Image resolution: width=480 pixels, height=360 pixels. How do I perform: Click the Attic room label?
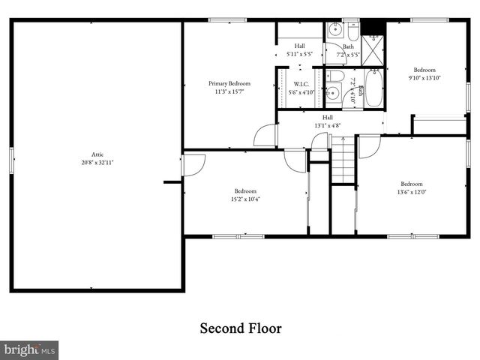[x=97, y=154]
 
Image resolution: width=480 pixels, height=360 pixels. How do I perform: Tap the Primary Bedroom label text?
[x=229, y=83]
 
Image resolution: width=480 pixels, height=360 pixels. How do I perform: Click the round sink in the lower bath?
[x=334, y=94]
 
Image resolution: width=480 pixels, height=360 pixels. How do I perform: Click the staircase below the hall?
[x=343, y=160]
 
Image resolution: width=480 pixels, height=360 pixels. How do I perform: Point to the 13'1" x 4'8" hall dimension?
[x=328, y=126]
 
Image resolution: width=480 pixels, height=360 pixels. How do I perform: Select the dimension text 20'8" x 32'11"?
[x=97, y=163]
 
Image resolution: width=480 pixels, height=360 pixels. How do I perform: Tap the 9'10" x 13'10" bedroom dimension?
[x=424, y=77]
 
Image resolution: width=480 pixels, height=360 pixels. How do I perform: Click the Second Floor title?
[x=240, y=328]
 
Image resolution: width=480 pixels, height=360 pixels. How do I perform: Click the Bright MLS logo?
[x=29, y=349]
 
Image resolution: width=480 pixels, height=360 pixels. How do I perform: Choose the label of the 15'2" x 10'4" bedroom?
[x=245, y=190]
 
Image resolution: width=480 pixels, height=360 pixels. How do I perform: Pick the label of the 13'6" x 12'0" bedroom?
[x=411, y=184]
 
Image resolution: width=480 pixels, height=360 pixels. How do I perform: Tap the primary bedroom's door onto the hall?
[x=265, y=136]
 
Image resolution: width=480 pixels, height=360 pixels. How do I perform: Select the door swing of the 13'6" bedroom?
[x=368, y=146]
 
